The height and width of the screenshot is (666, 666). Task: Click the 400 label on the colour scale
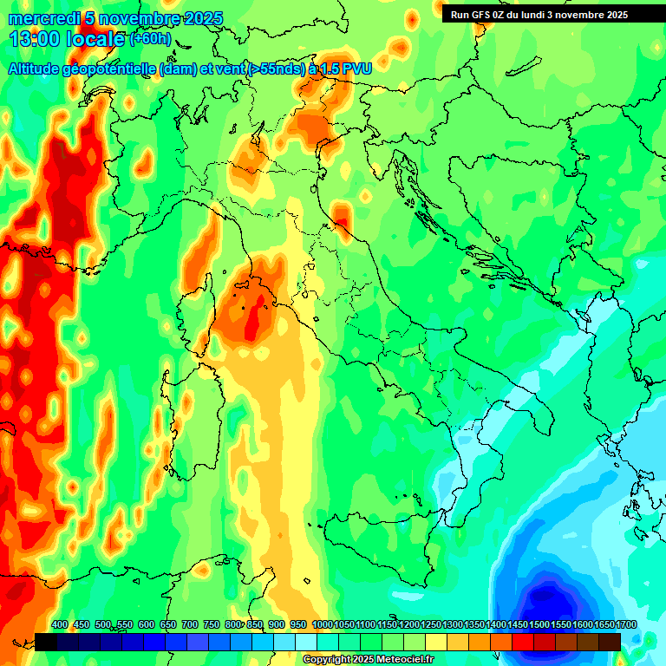coord(60,624)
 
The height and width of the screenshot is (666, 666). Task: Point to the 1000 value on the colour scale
coord(322,624)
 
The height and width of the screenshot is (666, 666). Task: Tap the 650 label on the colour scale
coord(168,624)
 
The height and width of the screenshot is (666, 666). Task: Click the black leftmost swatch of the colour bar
coord(46,642)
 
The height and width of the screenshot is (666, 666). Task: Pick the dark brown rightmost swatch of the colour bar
coord(610,642)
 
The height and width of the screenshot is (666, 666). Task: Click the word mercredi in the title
coord(38,18)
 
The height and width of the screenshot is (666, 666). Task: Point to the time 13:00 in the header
coord(35,39)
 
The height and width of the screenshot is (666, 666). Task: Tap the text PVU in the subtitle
coord(356,68)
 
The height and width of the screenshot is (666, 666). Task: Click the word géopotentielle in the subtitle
coord(109,68)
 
